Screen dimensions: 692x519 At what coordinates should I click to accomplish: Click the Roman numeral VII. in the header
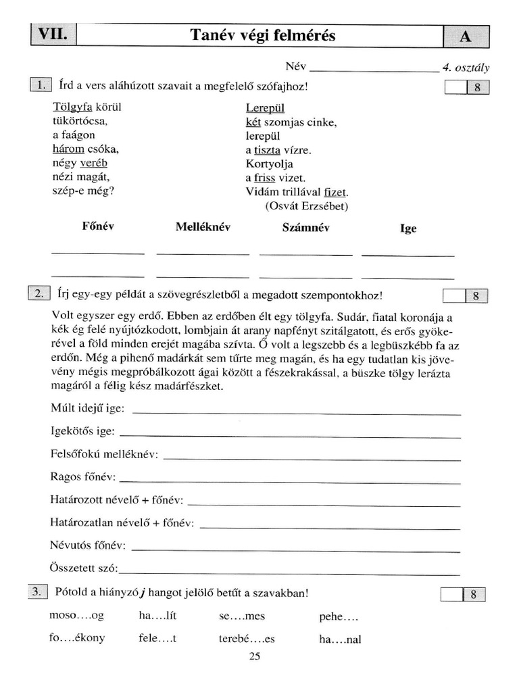click(53, 36)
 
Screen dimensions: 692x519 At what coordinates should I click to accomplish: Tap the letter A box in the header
click(465, 37)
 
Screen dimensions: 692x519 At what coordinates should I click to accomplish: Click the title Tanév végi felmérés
click(262, 36)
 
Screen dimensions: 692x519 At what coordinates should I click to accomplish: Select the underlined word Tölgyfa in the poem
click(72, 107)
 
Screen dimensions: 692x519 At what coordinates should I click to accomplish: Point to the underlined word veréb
click(93, 163)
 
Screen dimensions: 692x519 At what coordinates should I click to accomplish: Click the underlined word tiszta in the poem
click(267, 150)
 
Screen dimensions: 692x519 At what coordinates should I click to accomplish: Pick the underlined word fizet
click(335, 192)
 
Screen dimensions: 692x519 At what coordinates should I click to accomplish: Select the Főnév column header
click(98, 227)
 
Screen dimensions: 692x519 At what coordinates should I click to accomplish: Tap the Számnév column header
click(305, 228)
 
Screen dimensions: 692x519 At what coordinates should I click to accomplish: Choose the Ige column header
click(408, 228)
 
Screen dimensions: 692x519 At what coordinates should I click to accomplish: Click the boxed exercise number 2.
click(39, 293)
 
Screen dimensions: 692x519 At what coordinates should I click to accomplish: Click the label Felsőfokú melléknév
click(104, 454)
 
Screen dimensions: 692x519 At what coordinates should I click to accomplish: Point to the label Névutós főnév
click(88, 545)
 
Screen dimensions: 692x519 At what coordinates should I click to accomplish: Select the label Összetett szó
click(84, 567)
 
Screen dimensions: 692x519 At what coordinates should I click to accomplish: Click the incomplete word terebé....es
click(247, 639)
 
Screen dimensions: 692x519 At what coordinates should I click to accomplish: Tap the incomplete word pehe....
click(338, 616)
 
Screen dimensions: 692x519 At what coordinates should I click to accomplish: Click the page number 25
click(255, 656)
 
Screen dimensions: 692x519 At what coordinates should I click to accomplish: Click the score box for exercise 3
click(464, 594)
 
